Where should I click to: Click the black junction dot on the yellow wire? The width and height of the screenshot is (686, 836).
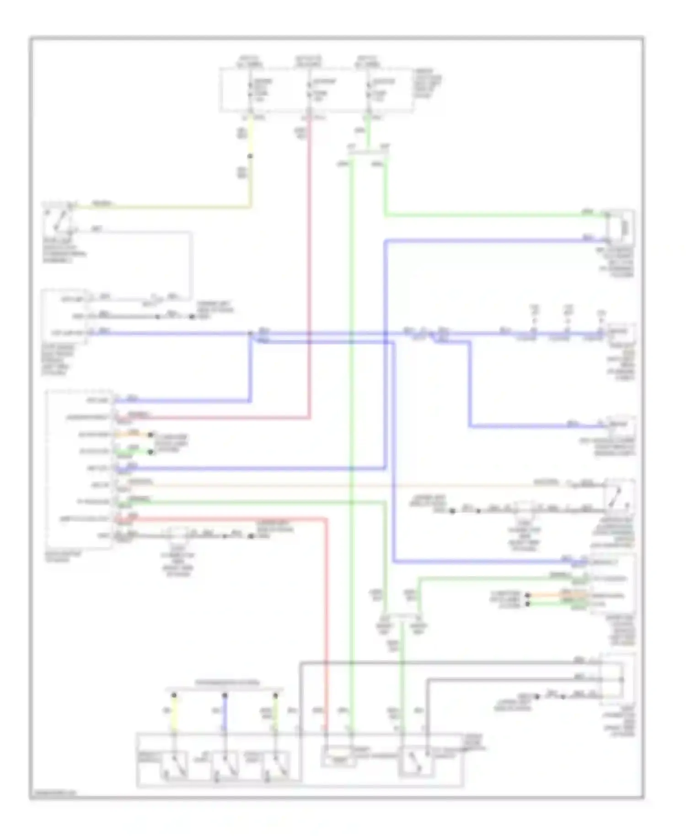pos(250,156)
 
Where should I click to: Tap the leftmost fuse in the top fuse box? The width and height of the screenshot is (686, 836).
pos(250,90)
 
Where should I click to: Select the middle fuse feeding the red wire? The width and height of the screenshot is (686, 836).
pos(309,90)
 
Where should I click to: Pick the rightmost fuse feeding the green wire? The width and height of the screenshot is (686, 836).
pos(369,90)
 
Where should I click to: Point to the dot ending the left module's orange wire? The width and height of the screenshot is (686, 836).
pos(151,434)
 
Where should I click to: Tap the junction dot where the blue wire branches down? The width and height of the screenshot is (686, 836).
pos(251,333)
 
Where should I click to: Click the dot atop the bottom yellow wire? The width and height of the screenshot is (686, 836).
pos(174,696)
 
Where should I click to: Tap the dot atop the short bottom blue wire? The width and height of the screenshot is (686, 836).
pos(225,696)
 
